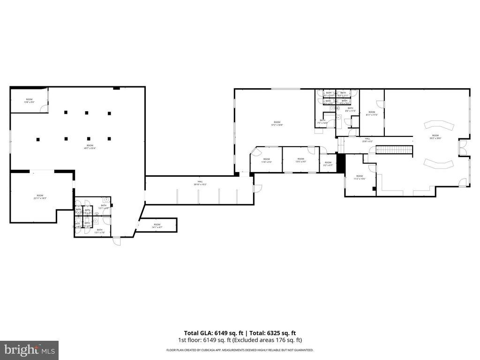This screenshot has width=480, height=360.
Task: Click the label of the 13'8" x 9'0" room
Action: (x=29, y=101)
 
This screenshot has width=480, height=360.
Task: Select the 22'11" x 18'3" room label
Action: (x=40, y=197)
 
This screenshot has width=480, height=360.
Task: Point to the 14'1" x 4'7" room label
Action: (x=157, y=226)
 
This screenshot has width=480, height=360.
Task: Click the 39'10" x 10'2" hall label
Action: (x=200, y=183)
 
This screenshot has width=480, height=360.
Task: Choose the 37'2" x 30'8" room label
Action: (x=277, y=123)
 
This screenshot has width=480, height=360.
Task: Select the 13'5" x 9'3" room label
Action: (x=300, y=160)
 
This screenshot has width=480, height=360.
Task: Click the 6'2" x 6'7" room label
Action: (x=328, y=164)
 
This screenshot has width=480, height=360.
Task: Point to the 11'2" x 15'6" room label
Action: (x=359, y=177)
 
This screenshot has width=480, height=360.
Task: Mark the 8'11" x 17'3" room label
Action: (x=372, y=113)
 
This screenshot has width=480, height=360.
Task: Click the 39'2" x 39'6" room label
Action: (x=435, y=137)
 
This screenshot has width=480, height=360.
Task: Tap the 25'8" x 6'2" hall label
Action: (x=367, y=140)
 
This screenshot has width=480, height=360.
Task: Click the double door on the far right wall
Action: (x=463, y=148)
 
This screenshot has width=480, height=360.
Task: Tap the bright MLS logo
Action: (x=29, y=350)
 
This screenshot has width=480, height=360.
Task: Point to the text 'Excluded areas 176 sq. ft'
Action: (x=272, y=340)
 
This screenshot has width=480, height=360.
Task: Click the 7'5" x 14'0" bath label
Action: (x=322, y=121)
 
